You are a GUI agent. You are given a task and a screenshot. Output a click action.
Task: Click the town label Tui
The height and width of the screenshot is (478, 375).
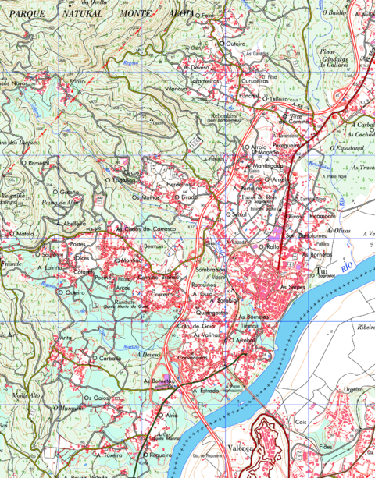320,271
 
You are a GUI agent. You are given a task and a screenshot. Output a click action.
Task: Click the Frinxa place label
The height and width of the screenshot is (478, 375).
77,80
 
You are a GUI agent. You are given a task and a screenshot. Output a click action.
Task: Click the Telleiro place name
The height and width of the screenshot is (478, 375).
279,99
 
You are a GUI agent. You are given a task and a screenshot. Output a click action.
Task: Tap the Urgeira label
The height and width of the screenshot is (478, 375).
354,389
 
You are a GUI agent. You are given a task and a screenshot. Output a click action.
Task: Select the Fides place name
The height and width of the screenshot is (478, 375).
326,448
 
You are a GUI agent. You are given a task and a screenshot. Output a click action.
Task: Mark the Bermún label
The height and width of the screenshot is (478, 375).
153,246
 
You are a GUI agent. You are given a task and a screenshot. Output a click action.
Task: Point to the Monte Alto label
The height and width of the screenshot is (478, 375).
27,395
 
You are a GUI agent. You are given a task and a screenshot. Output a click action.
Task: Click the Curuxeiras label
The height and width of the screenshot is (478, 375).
255,80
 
